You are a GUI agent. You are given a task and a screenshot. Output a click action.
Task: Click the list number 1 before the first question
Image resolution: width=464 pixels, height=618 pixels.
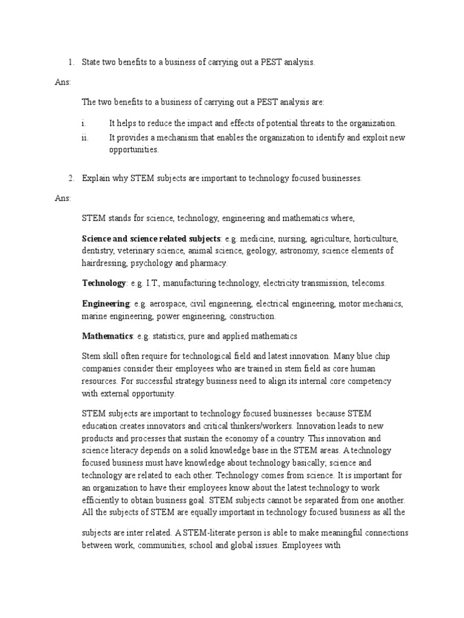point(70,62)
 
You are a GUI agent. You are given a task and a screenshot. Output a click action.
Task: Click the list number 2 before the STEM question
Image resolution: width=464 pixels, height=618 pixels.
point(70,178)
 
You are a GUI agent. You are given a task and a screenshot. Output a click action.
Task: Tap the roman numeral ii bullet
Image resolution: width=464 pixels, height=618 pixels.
point(85,138)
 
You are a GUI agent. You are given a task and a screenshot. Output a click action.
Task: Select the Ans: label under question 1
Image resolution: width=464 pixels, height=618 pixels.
point(62,81)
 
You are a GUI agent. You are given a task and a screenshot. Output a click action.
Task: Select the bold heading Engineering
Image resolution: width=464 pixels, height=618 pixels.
point(106,303)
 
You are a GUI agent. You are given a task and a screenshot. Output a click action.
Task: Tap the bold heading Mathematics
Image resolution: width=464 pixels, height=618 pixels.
point(107,336)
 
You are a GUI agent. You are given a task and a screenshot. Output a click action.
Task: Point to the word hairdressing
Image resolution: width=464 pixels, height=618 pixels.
point(106,263)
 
